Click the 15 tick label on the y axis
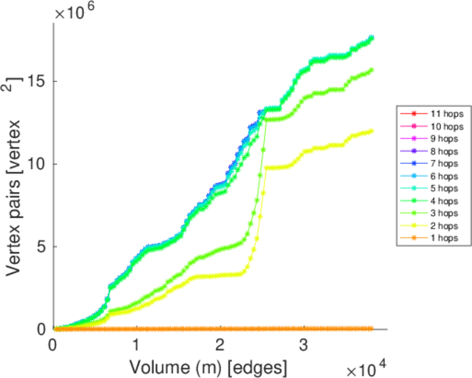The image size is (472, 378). pyautogui.click(x=37, y=82)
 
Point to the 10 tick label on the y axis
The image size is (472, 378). pyautogui.click(x=37, y=164)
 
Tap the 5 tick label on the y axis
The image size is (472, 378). pyautogui.click(x=42, y=247)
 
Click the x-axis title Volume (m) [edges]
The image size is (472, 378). pyautogui.click(x=209, y=366)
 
